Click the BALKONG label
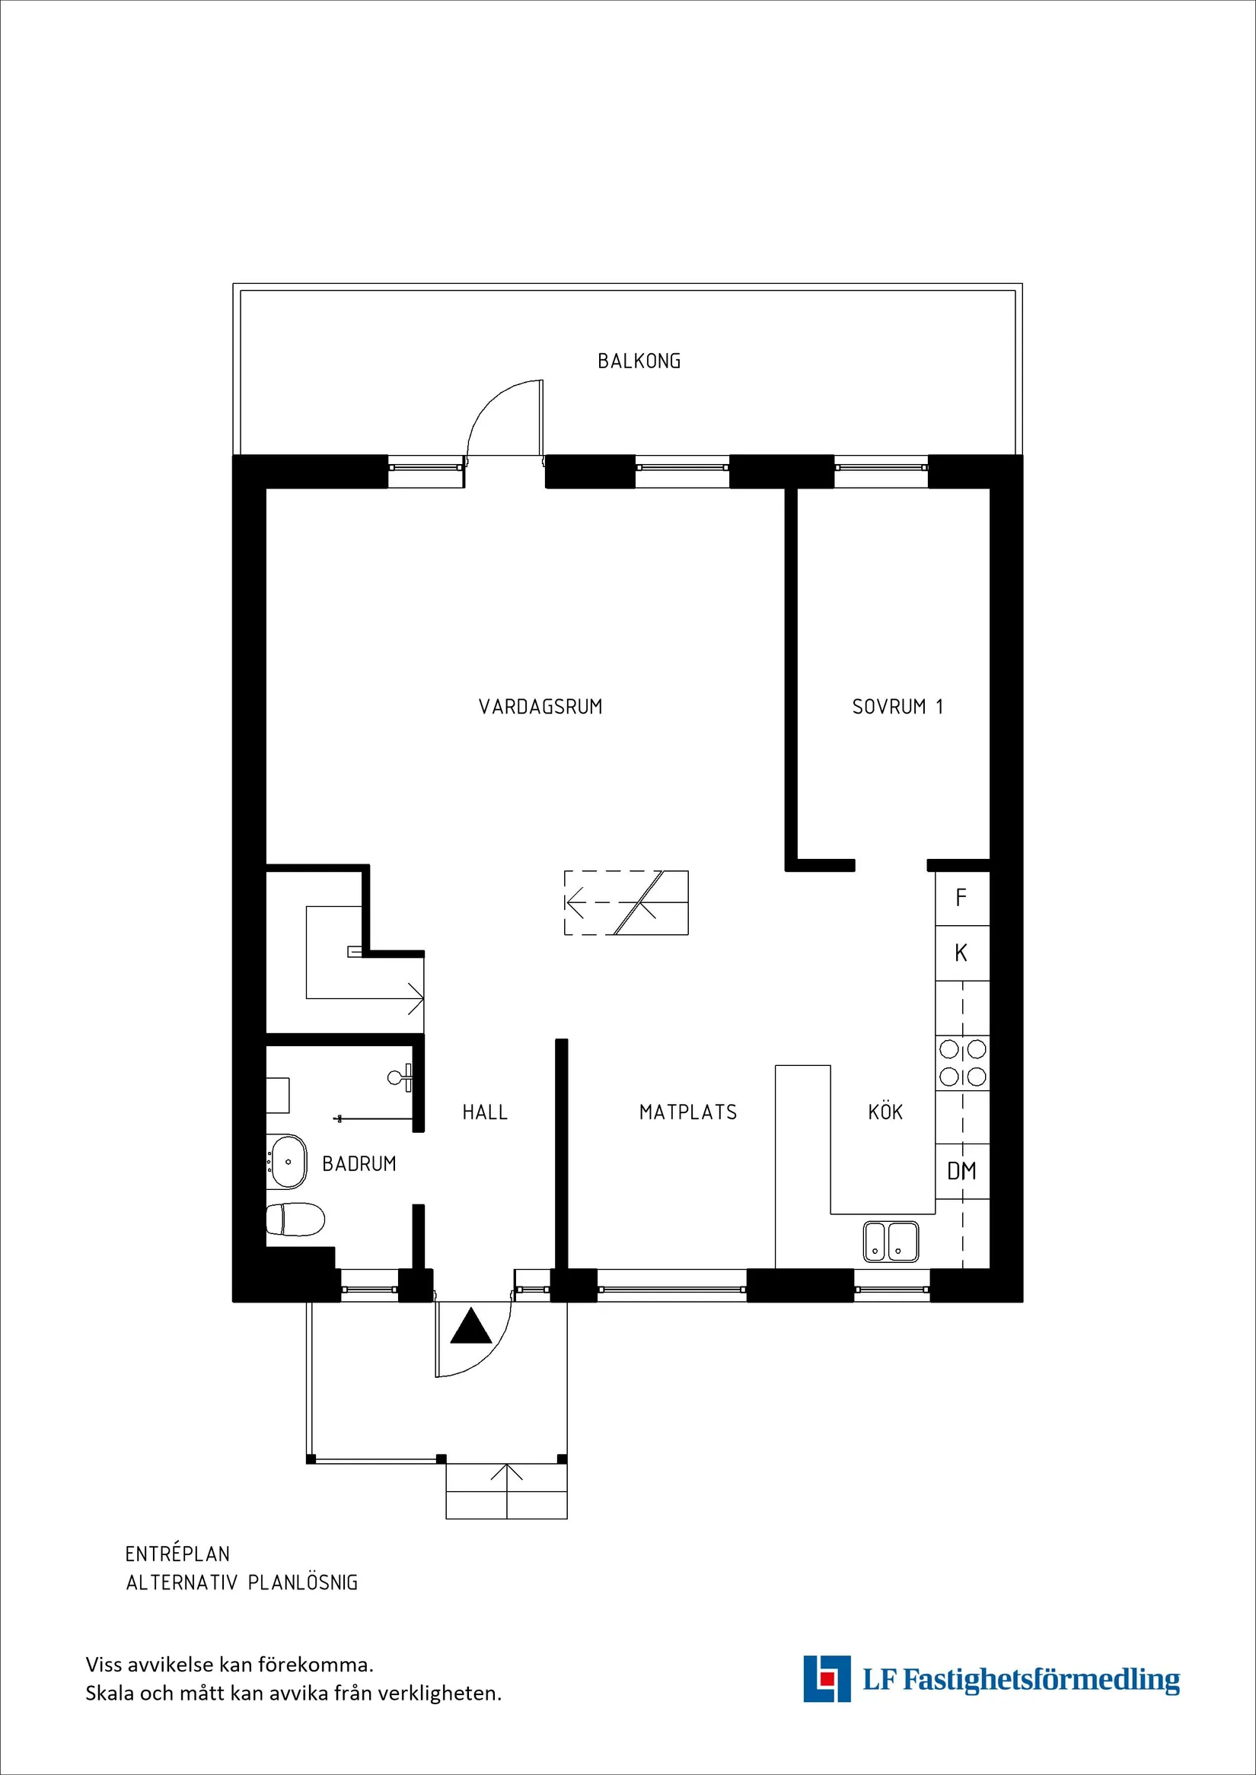pos(639,361)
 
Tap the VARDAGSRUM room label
pos(540,707)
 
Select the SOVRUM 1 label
pos(897,707)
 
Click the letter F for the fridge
pos(961,898)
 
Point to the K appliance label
pos(961,953)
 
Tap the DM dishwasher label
pos(961,1171)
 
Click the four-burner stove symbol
pos(962,1062)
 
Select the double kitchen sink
pos(890,1241)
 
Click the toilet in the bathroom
pos(295,1219)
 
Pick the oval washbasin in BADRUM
pos(287,1161)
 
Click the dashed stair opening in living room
pos(625,903)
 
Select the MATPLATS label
pos(687,1112)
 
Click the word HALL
pos(485,1112)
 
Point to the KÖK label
pos(885,1112)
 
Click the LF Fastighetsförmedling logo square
pos(826,1678)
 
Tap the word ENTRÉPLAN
pos(177,1554)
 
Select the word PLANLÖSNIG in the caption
pos(302,1583)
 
